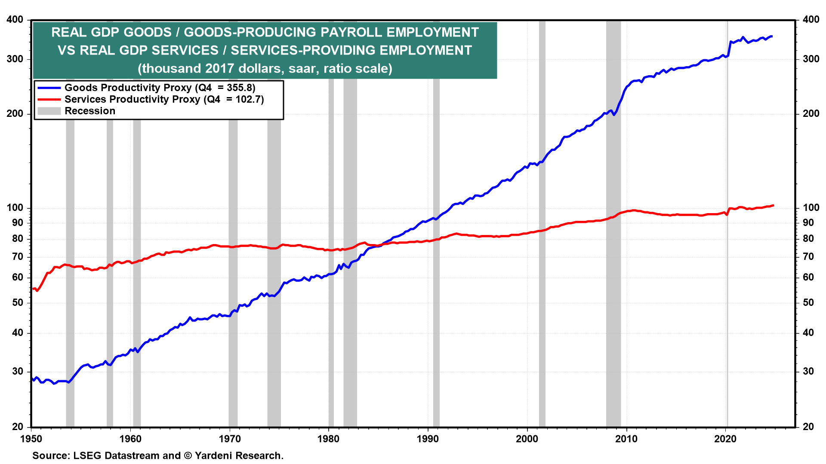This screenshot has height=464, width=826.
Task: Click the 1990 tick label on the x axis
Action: tap(428, 439)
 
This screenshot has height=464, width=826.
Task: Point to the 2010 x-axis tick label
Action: tap(626, 439)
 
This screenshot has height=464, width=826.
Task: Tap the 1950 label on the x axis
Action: tap(31, 439)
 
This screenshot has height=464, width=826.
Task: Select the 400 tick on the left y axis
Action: tap(15, 20)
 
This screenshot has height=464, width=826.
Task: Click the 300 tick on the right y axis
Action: tap(811, 59)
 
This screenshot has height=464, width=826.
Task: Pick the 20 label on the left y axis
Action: tap(18, 427)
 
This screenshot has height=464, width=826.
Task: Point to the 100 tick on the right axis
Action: tap(811, 208)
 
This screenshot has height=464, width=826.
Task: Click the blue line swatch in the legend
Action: tap(49, 88)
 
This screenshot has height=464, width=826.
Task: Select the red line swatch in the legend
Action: tap(49, 100)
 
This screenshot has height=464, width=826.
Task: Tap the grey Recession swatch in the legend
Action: tap(49, 111)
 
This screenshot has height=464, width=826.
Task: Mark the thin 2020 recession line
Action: tap(727, 258)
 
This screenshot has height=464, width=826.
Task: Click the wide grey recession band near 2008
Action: tap(613, 258)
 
